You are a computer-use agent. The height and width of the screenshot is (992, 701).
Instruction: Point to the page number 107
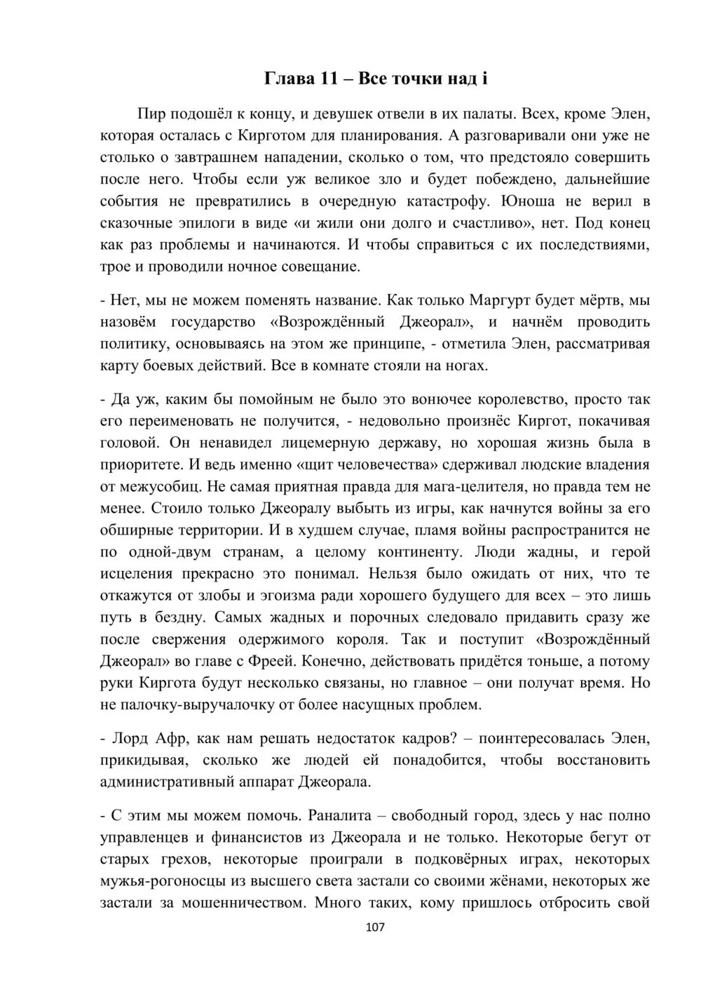pyautogui.click(x=375, y=927)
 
